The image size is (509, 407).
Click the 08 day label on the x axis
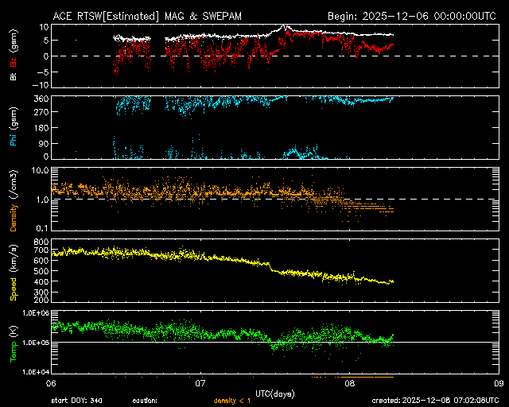pos(350,382)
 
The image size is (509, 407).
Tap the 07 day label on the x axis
pos(201,382)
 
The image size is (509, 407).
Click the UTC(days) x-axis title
pos(274,392)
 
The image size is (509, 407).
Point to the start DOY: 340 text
pos(76,400)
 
